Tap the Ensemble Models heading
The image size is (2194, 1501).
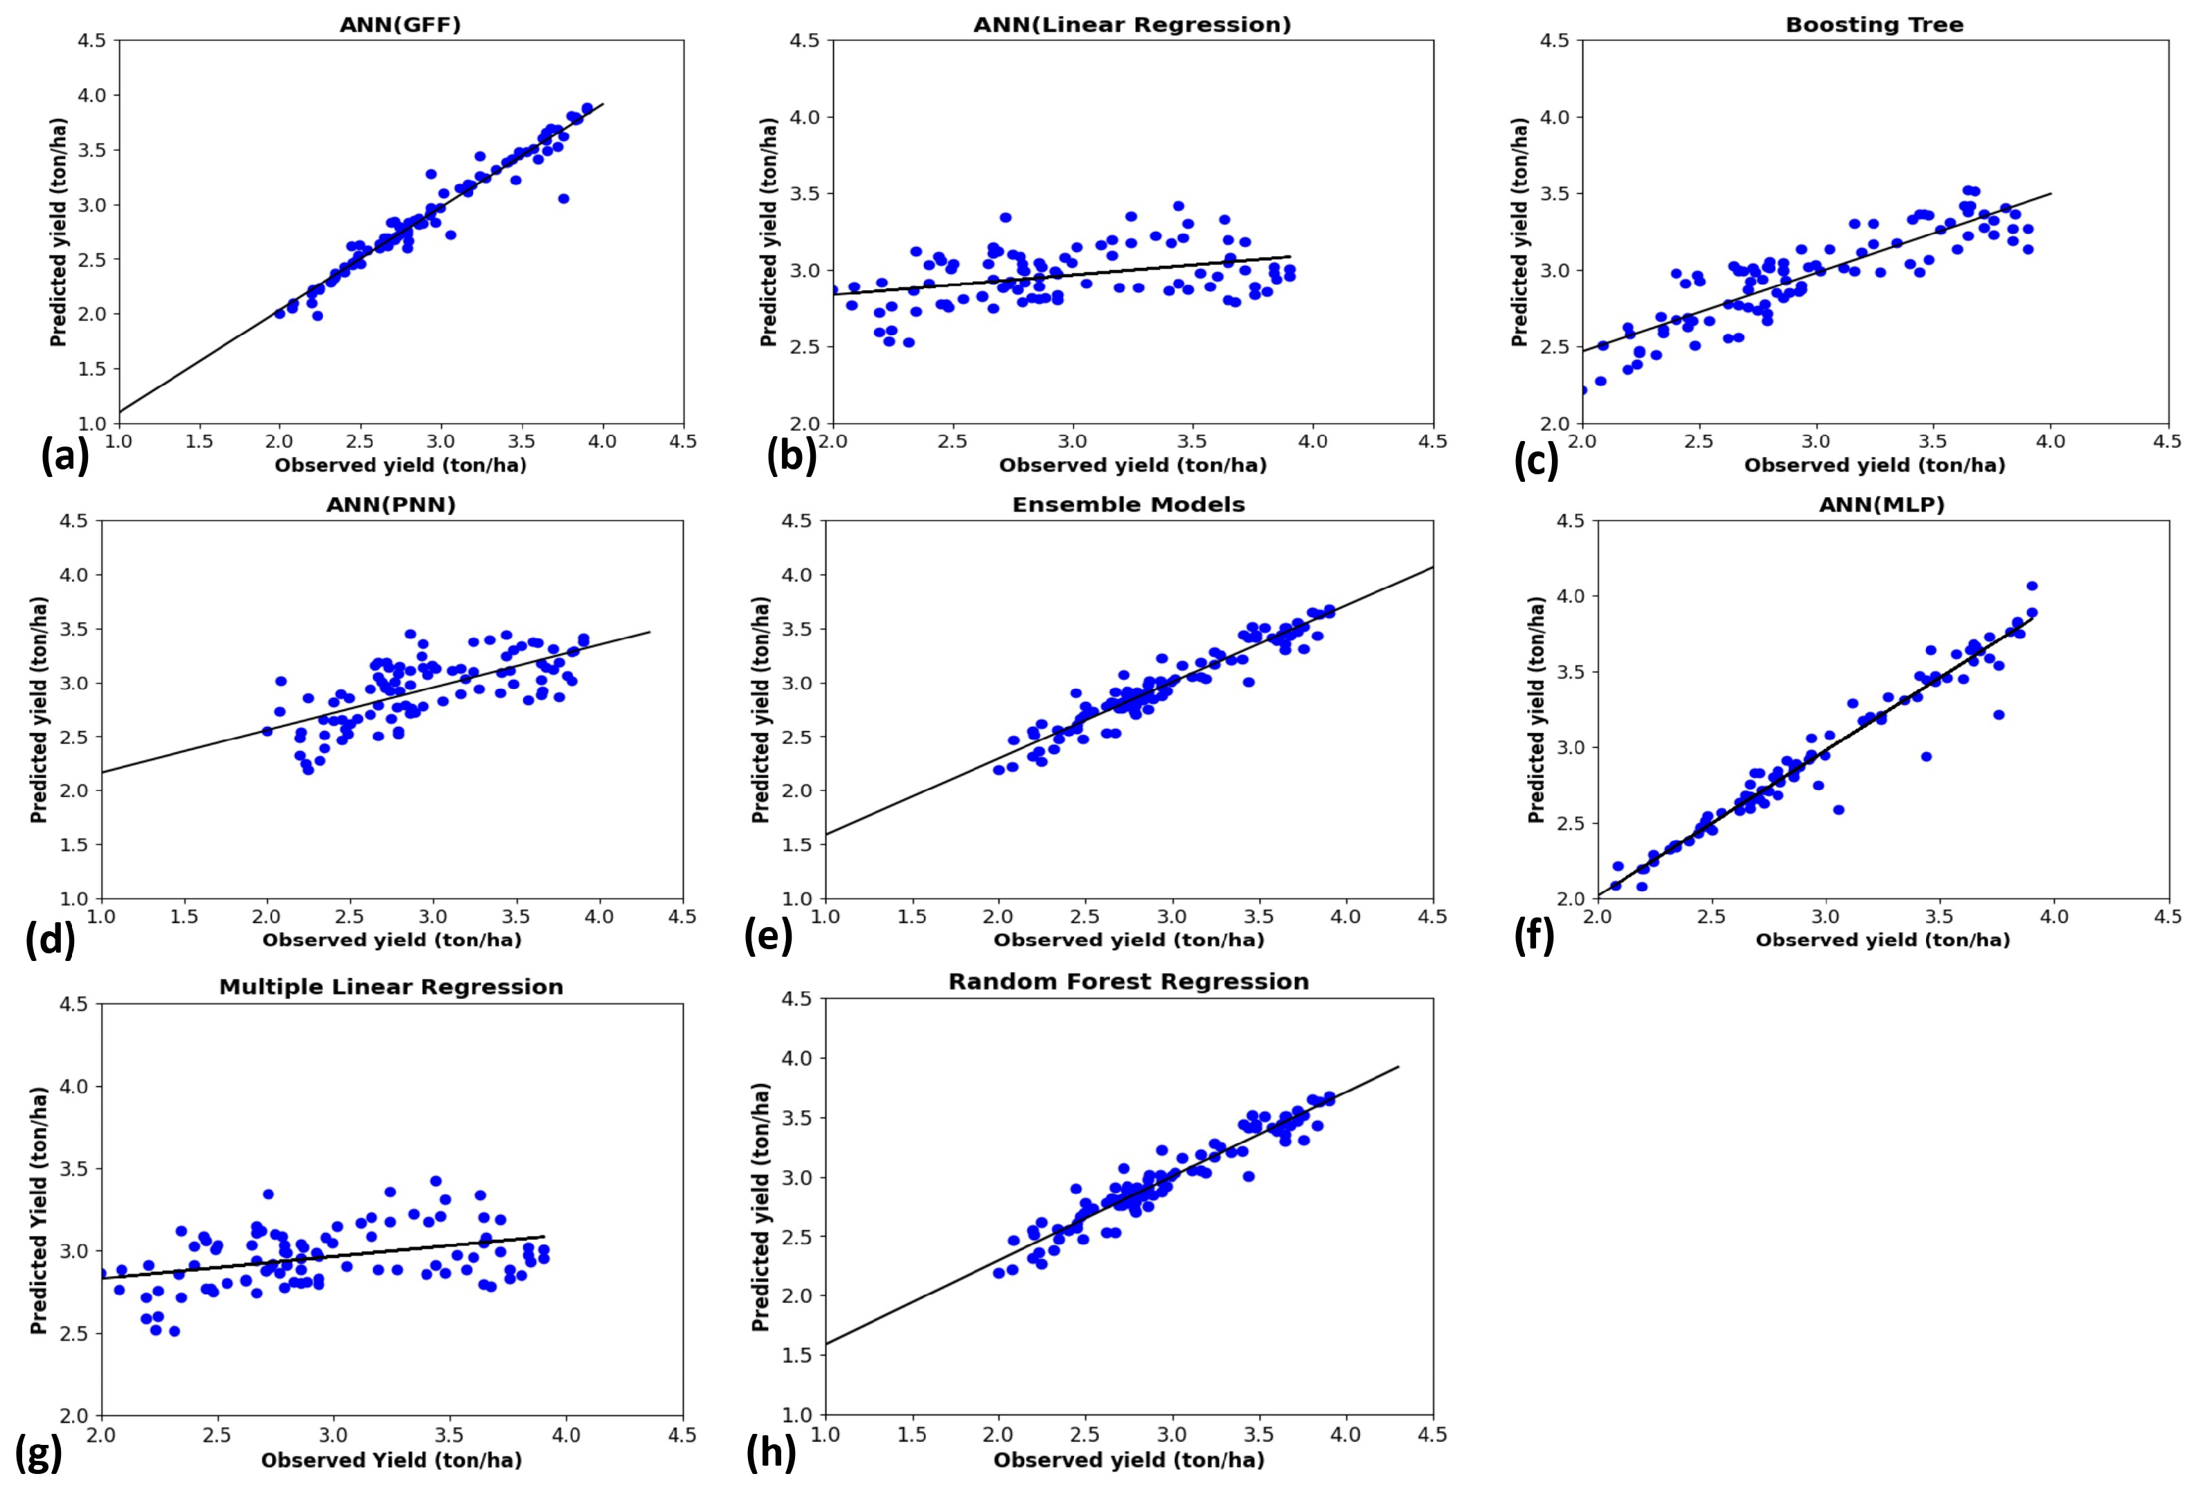pos(1128,504)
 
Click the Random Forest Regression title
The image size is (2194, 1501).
pos(1128,982)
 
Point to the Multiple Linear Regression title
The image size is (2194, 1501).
pos(391,987)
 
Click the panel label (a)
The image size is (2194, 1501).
pos(64,456)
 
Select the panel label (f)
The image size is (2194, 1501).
pos(1533,937)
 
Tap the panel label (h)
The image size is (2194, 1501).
pos(770,1454)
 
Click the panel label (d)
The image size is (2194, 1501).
pos(50,941)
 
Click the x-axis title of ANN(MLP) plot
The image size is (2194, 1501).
pos(1882,940)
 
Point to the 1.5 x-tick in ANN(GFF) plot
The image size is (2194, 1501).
pos(199,442)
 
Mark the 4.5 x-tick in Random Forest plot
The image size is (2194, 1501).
pos(1432,1434)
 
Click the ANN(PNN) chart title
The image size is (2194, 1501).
pos(391,504)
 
